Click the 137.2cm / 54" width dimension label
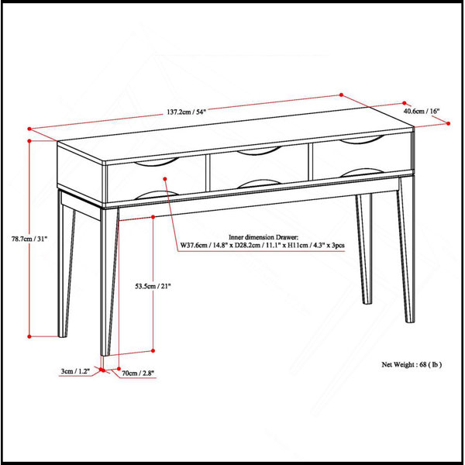pos(186,112)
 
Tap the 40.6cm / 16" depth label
pos(421,111)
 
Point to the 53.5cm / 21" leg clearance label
pos(153,286)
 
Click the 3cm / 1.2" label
pos(75,371)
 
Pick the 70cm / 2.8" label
pos(138,373)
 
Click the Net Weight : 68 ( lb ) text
pos(412,364)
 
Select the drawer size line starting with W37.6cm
pos(263,246)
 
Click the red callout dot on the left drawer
pos(165,178)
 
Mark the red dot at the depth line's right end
pos(448,123)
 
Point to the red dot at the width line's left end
pos(29,129)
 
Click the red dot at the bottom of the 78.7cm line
pos(29,336)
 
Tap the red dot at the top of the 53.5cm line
pos(153,217)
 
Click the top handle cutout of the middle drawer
pos(259,153)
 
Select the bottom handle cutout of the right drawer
pos(362,171)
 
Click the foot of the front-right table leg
pos(409,319)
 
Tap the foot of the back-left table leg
pos(62,334)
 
